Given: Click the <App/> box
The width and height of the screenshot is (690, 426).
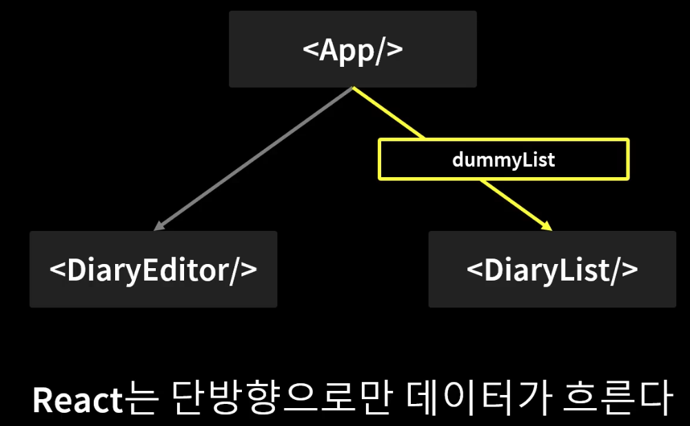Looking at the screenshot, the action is tap(352, 49).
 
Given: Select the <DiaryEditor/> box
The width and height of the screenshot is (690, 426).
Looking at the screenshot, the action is tap(153, 269).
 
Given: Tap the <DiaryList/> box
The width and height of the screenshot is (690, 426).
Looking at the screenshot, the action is tap(552, 269).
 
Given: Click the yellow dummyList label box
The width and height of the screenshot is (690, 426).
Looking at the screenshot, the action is tap(503, 159).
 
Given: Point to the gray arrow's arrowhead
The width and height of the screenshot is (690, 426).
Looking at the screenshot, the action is tap(159, 226).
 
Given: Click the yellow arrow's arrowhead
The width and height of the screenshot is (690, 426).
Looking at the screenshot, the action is tap(547, 227).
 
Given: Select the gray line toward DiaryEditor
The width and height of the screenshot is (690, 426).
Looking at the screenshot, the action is tap(255, 157).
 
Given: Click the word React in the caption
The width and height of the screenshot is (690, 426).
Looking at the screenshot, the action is tap(77, 400).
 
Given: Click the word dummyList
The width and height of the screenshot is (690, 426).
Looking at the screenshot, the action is tap(503, 160).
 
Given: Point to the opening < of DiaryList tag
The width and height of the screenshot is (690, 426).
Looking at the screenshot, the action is tap(475, 270).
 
